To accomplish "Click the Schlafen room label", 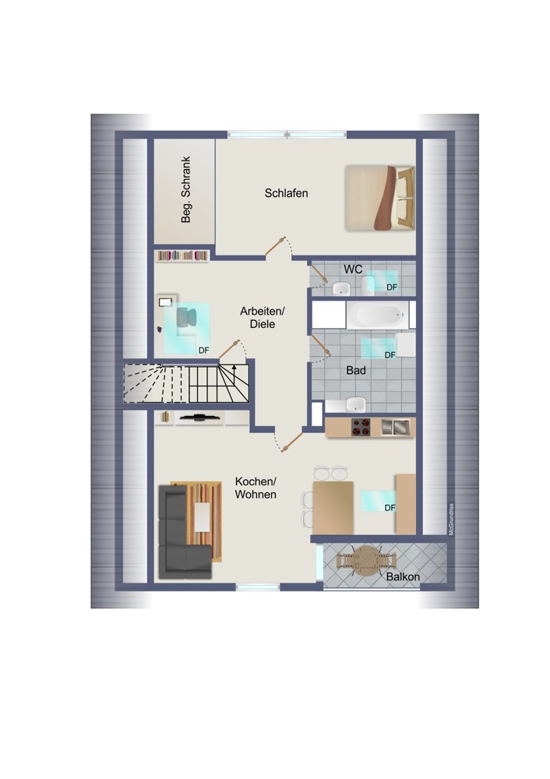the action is pyautogui.click(x=286, y=192).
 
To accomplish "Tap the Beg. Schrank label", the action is pyautogui.click(x=186, y=190).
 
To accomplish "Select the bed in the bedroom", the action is pyautogui.click(x=380, y=198).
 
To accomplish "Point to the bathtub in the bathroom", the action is pyautogui.click(x=377, y=314).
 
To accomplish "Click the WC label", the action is pyautogui.click(x=353, y=270).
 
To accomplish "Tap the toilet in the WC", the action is pyautogui.click(x=368, y=286).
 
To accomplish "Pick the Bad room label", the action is pyautogui.click(x=356, y=370).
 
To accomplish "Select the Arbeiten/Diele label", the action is pyautogui.click(x=263, y=318).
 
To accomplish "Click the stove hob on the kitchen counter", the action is pyautogui.click(x=361, y=427).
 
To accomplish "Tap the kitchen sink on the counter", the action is pyautogui.click(x=396, y=427).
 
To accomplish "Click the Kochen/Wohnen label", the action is pyautogui.click(x=256, y=488).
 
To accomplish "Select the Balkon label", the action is pyautogui.click(x=403, y=576).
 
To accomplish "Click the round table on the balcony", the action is pyautogui.click(x=366, y=561).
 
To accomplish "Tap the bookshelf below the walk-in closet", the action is pyautogui.click(x=182, y=256).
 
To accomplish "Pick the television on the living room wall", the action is pyautogui.click(x=199, y=418).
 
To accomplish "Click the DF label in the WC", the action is pyautogui.click(x=392, y=287).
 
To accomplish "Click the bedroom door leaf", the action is pyautogui.click(x=275, y=246).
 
